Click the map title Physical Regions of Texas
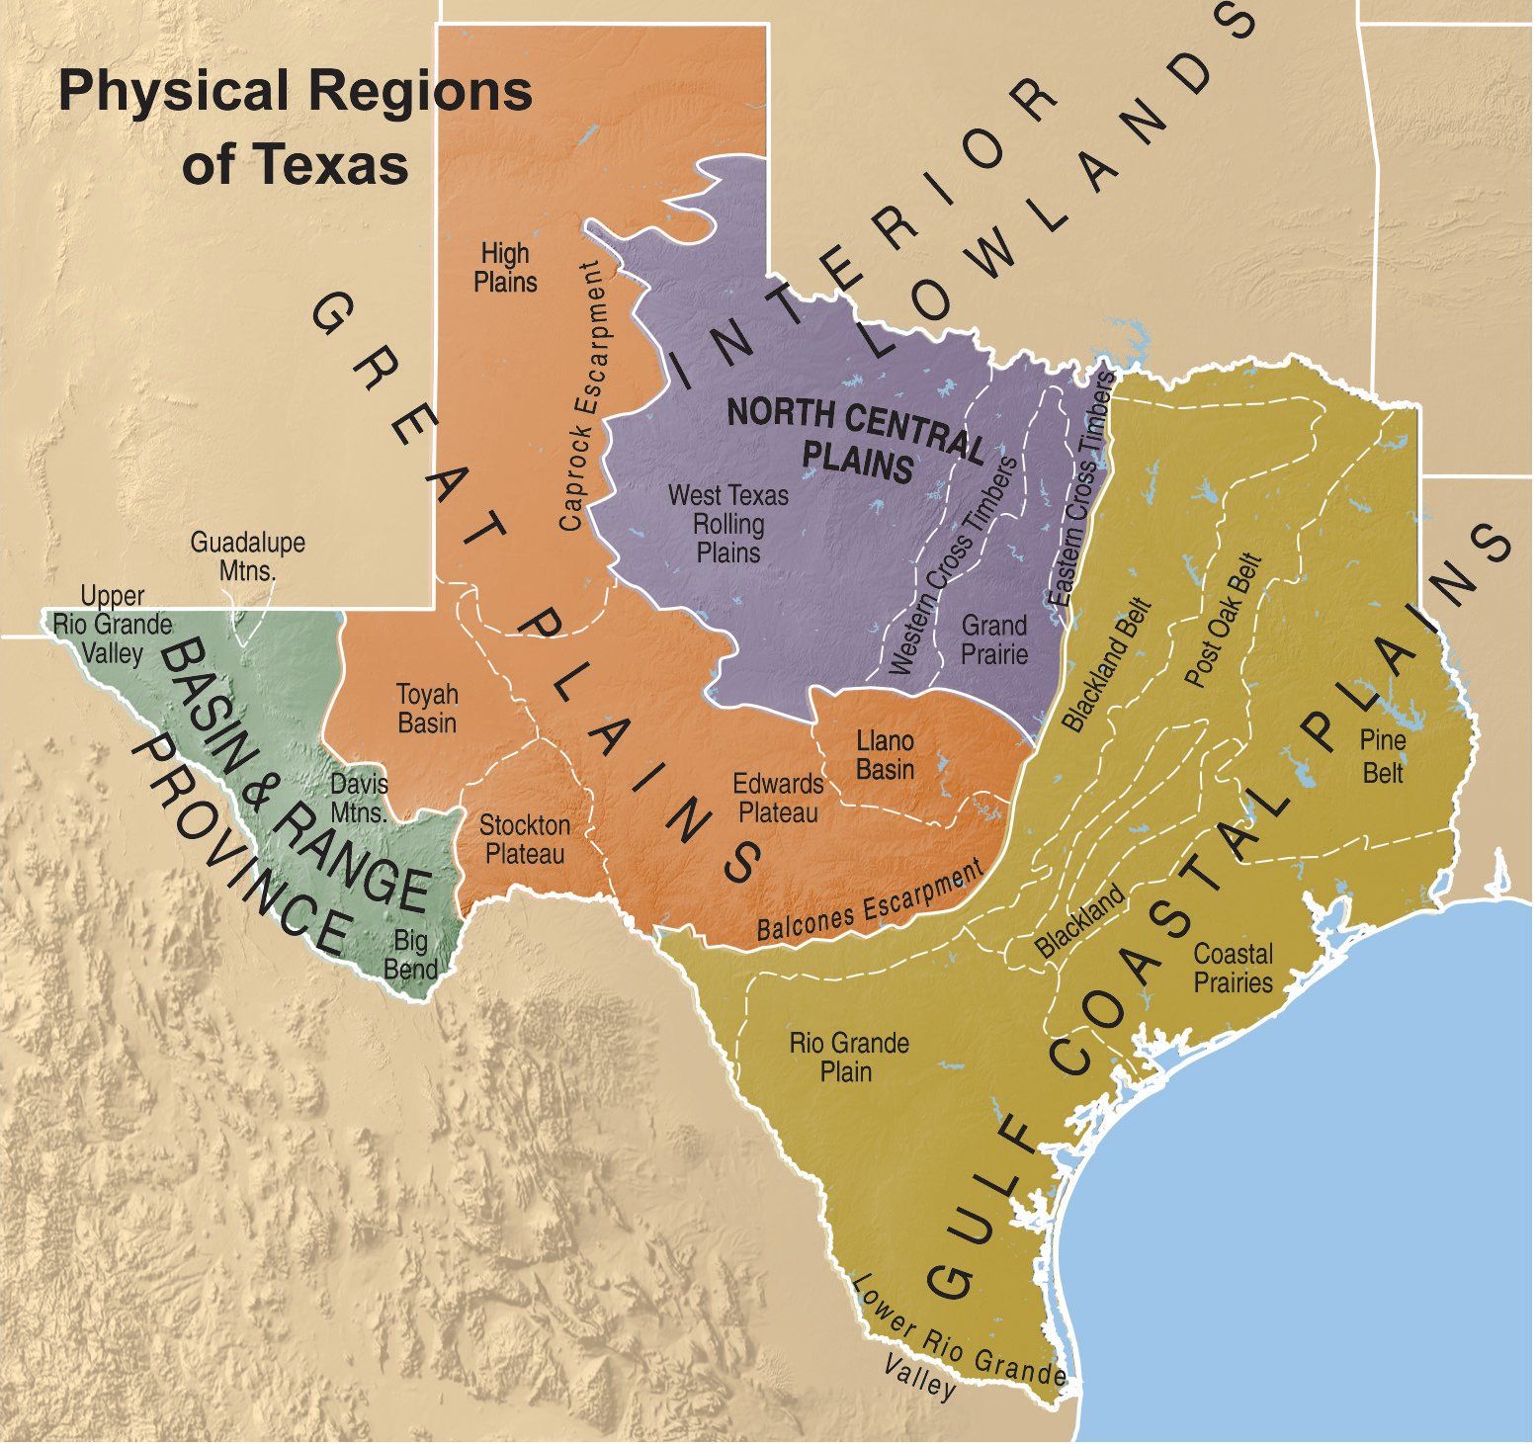(x=296, y=127)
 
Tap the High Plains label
(x=505, y=268)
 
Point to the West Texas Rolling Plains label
(x=728, y=523)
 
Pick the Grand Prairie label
(x=994, y=638)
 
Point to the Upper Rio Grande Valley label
(x=113, y=625)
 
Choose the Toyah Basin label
(x=427, y=708)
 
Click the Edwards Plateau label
(x=778, y=798)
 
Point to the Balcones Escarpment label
(x=870, y=900)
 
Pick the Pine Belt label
(x=1383, y=755)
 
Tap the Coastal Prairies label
(x=1233, y=968)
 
